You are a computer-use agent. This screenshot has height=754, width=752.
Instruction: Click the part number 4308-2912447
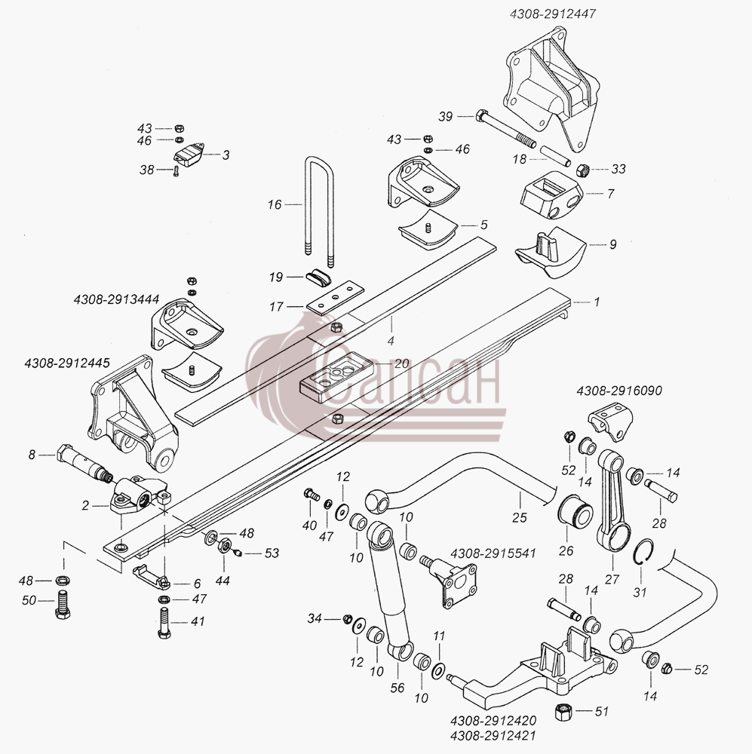point(553,14)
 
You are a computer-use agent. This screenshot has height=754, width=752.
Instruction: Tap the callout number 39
point(446,116)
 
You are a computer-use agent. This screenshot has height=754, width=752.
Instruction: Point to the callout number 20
point(401,363)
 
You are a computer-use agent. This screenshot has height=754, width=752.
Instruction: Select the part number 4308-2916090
point(619,391)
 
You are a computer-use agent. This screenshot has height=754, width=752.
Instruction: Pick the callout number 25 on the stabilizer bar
point(519,517)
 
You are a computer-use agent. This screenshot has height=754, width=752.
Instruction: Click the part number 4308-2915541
point(493,553)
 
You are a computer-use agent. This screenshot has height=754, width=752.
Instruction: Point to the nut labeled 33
point(582,170)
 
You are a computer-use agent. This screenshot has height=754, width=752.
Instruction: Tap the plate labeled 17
point(336,298)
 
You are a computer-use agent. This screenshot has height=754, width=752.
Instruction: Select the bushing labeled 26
point(575,510)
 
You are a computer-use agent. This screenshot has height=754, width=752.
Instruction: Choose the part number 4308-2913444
point(116,299)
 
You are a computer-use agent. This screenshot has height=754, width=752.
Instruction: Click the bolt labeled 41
point(164,623)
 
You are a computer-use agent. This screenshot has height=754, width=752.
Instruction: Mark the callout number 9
point(612,244)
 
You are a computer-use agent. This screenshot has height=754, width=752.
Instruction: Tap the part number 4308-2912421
point(493,736)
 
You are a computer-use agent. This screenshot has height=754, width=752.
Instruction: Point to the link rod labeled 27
point(613,501)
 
